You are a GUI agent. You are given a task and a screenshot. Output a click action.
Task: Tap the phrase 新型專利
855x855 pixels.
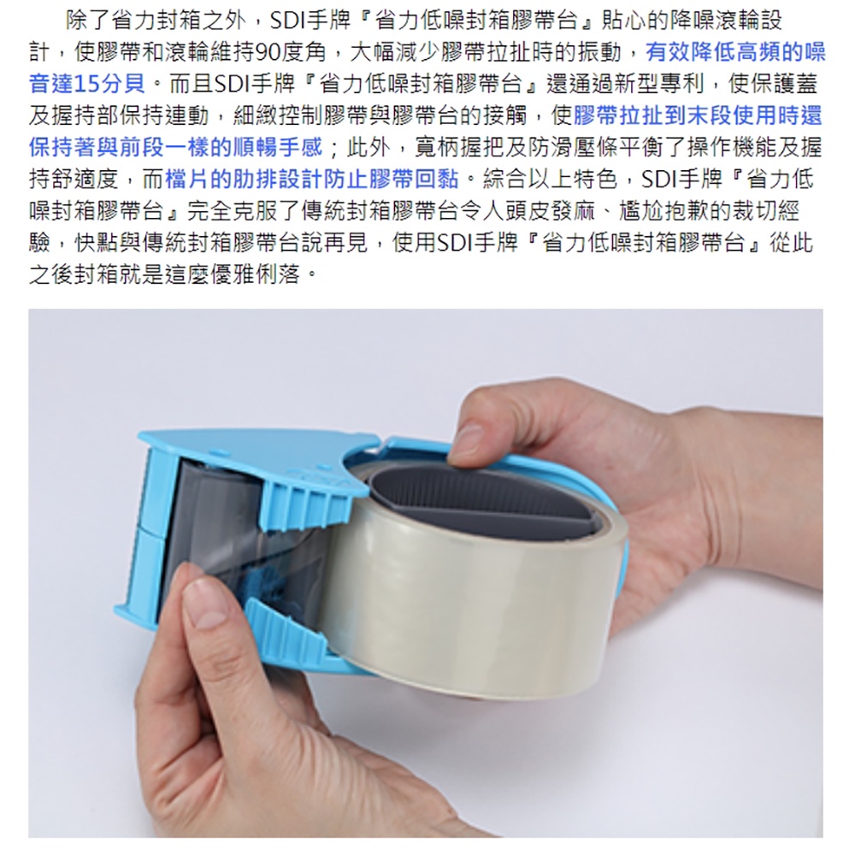(659, 84)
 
